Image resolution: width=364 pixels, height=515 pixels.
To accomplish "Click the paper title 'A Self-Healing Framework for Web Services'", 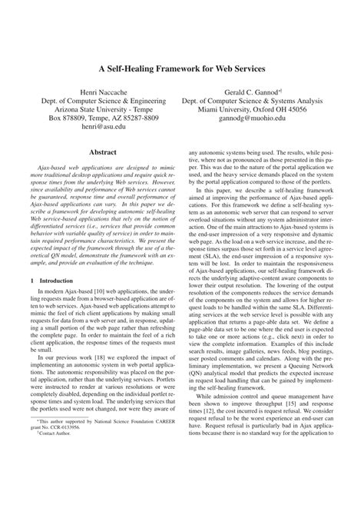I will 181,68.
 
